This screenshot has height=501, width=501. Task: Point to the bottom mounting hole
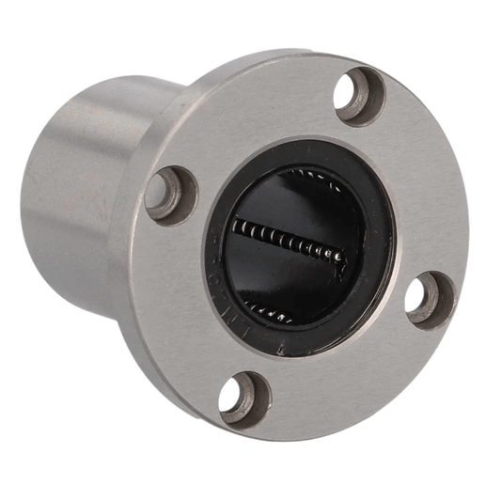[x=243, y=398]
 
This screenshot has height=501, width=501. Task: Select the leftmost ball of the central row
[x=236, y=226]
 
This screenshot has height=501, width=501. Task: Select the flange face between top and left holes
[x=254, y=122]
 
